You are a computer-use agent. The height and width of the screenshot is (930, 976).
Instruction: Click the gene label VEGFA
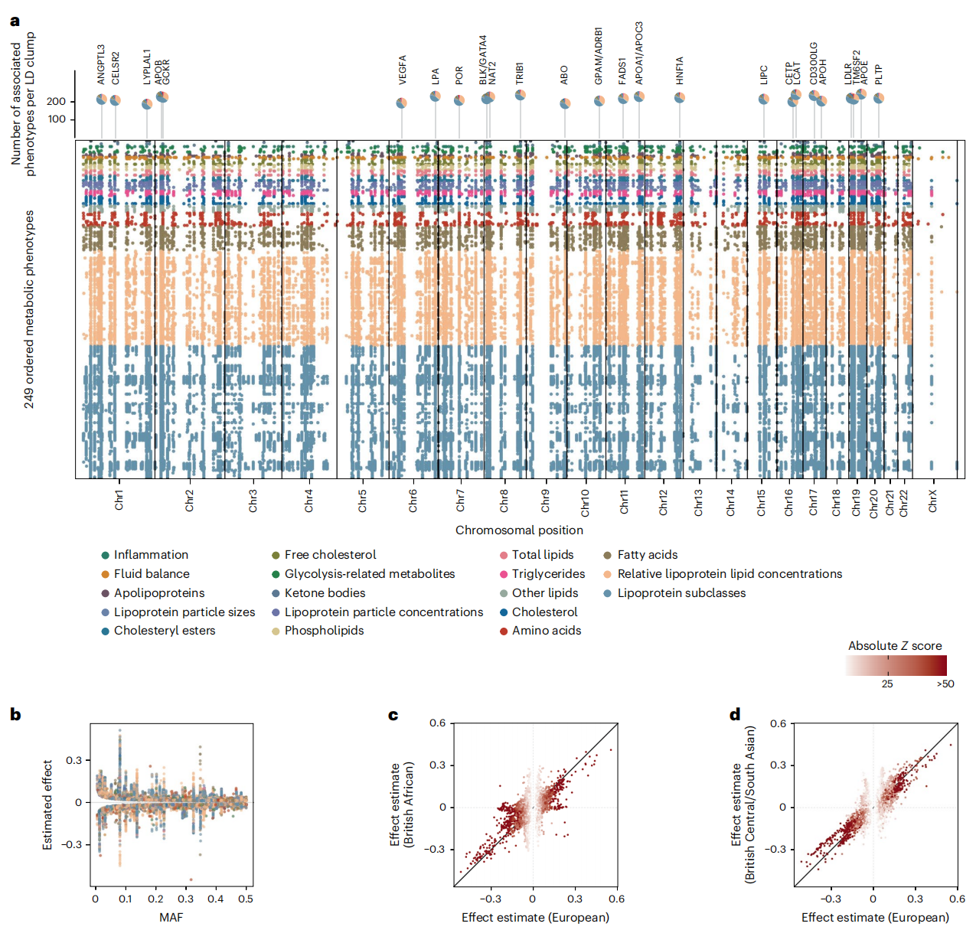coord(403,70)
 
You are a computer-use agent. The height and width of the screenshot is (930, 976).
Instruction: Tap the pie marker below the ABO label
coord(565,103)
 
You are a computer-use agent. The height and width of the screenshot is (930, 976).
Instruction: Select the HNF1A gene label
coord(680,70)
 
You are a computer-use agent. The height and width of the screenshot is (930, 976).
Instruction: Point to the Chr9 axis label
coord(545,501)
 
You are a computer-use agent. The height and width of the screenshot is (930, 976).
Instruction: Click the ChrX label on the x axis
coord(932,501)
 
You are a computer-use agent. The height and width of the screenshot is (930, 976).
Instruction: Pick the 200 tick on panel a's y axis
coord(56,101)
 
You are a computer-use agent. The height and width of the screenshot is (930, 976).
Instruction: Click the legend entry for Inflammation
coord(151,555)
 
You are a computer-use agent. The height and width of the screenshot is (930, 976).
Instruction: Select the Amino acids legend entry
coord(546,631)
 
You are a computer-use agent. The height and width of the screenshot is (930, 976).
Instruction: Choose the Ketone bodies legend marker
coord(276,593)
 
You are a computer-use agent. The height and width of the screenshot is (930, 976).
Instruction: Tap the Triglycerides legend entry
coord(548,574)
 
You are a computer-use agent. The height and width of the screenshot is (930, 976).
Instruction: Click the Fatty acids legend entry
coord(647,555)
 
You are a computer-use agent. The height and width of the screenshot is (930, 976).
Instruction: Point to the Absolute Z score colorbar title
coord(895,646)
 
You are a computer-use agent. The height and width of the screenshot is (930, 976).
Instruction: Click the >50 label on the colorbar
coord(945,684)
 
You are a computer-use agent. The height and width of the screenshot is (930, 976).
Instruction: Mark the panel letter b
coord(15,715)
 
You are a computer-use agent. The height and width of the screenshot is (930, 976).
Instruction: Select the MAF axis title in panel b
coord(171,917)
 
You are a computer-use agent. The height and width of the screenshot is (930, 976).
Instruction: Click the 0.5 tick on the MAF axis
coord(246,899)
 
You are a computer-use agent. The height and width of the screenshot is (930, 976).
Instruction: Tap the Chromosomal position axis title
coord(519,530)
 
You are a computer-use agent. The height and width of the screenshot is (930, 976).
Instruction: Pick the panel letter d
coord(735,715)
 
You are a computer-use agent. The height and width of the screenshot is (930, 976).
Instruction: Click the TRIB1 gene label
coord(520,73)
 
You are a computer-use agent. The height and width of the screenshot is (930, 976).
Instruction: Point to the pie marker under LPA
coord(435,96)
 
